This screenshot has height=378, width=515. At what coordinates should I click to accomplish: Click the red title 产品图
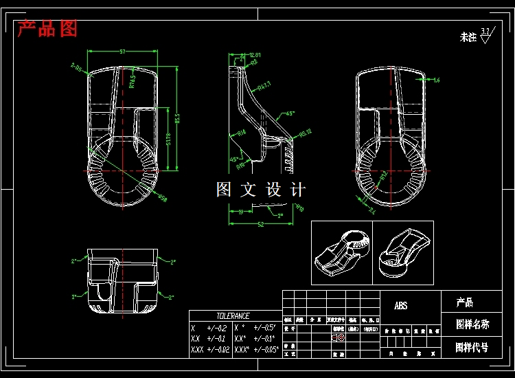pos(47,29)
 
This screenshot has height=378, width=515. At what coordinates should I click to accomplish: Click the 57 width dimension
pos(123,52)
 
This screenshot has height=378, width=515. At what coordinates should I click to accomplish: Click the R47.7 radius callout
pos(264,85)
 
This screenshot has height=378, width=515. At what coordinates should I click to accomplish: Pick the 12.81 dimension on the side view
pos(255,54)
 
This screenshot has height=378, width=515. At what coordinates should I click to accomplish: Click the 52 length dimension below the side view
pos(261,224)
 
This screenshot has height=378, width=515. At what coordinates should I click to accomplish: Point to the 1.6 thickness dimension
pos(436,80)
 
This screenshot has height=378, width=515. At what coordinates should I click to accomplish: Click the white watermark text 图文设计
pos(260,190)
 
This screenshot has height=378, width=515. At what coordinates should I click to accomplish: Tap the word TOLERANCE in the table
pos(233,315)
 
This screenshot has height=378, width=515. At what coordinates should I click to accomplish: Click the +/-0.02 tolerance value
pos(218,350)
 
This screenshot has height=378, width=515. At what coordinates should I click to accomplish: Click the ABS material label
pos(400,305)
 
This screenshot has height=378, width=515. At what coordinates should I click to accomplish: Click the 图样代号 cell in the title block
pos(472,347)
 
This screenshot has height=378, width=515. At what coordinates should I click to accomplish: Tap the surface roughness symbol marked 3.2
pos(485,34)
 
